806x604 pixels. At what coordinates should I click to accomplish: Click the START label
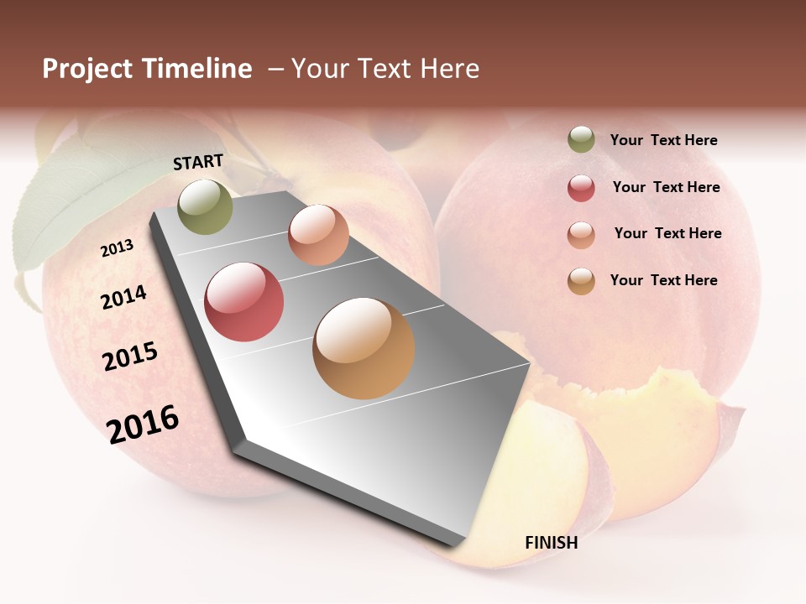[x=198, y=162]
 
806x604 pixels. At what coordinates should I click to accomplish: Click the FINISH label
[x=551, y=543]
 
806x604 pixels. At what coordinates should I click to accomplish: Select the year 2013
[x=117, y=248]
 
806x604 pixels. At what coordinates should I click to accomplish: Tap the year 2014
[x=123, y=297]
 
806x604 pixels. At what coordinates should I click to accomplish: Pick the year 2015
[x=130, y=357]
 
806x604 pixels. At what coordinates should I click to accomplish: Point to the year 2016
[x=143, y=424]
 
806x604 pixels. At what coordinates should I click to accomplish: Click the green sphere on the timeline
[x=206, y=206]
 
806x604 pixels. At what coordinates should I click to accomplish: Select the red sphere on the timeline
[x=243, y=302]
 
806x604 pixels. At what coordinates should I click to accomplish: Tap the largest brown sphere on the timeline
[x=364, y=348]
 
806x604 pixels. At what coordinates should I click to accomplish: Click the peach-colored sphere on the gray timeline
[x=318, y=235]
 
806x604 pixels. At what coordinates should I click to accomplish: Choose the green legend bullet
[x=581, y=140]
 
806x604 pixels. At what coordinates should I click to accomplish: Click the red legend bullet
[x=581, y=188]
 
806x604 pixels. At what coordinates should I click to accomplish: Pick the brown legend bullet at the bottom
[x=581, y=281]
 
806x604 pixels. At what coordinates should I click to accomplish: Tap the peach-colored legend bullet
[x=581, y=234]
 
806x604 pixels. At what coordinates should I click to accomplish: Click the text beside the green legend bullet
[x=663, y=140]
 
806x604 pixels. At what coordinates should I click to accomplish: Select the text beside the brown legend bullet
[x=663, y=280]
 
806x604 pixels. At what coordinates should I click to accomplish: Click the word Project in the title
[x=87, y=69]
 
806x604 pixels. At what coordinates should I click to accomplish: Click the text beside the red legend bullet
[x=666, y=187]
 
